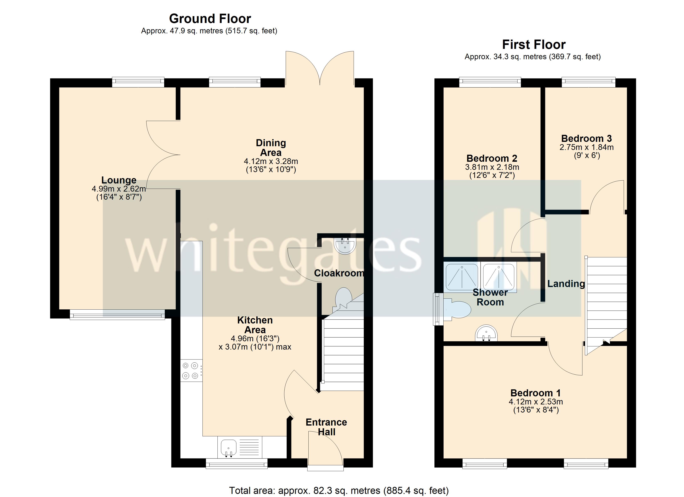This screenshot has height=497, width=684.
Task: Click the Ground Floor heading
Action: coord(210,19)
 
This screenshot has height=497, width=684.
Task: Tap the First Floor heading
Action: coord(534,45)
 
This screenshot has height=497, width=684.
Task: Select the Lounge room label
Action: coord(119,180)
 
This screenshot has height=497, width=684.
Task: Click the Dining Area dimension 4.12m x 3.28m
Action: coord(271,161)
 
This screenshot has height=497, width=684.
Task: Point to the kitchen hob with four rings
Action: coord(191,370)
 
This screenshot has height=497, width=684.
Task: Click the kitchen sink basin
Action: coord(228,447)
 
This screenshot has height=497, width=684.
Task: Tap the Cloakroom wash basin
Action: coord(345,246)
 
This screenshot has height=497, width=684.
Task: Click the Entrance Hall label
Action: coord(326,427)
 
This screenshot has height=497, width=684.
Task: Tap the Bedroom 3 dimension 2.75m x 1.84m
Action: coord(586,147)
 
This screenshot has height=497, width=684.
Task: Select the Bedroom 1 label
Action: coord(535,393)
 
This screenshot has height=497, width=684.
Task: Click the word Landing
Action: coord(566,284)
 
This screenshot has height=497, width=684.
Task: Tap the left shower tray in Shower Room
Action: coord(462,277)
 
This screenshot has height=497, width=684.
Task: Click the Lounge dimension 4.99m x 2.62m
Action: coord(119,189)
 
